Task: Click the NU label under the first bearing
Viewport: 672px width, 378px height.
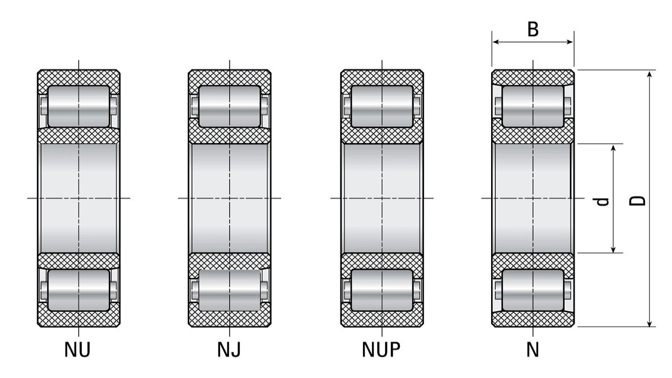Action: coord(77,350)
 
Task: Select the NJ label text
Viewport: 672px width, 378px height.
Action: coord(229,350)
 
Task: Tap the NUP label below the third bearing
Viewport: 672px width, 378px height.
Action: coord(381,350)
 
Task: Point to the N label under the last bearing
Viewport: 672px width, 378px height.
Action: coord(533,350)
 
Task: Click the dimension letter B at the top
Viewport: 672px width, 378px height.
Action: coord(533,29)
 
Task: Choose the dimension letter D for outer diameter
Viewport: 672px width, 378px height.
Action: coord(639,200)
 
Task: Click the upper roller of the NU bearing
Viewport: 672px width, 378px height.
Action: coord(78,106)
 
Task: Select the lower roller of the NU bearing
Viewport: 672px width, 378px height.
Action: coord(78,290)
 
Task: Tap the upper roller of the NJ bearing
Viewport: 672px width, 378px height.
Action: coord(230,106)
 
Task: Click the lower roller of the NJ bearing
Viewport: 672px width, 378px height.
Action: coord(230,290)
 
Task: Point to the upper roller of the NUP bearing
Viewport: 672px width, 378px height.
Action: coord(382,106)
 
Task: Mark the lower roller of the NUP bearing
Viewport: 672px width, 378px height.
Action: coord(382,290)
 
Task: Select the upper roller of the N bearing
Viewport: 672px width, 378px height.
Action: coord(533,106)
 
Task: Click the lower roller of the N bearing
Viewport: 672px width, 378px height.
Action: coord(533,290)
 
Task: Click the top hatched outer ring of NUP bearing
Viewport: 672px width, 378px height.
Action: coord(382,77)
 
